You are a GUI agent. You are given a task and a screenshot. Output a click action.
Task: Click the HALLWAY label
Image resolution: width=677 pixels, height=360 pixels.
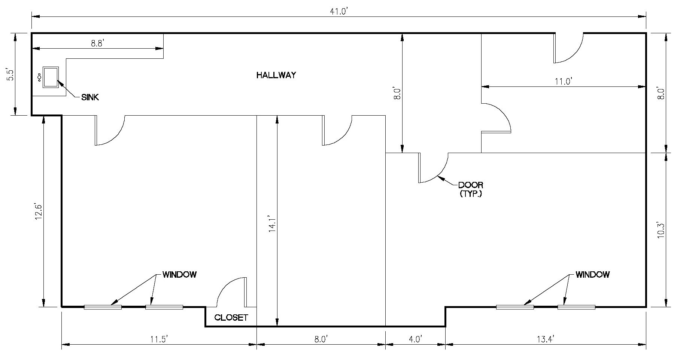(x=276, y=75)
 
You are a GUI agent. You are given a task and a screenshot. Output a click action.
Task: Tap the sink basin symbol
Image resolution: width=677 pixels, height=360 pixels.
(x=51, y=77)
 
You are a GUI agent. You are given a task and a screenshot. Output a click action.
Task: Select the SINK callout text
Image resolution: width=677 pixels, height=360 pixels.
(x=90, y=97)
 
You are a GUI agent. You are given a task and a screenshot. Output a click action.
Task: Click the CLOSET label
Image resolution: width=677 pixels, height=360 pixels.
(x=231, y=318)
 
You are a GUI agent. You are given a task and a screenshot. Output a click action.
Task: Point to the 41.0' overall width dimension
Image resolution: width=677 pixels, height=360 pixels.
(x=339, y=12)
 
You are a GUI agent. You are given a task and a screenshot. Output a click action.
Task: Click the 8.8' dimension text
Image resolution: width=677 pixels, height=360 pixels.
(x=97, y=43)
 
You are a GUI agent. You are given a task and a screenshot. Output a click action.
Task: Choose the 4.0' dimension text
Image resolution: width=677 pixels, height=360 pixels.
(x=415, y=339)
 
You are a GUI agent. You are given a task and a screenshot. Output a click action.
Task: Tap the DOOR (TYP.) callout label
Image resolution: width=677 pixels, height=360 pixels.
(x=471, y=189)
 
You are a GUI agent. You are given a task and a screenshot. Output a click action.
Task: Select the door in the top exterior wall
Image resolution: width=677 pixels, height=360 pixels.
(x=568, y=48)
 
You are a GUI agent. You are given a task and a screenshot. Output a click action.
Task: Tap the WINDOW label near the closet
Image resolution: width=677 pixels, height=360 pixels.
(x=179, y=275)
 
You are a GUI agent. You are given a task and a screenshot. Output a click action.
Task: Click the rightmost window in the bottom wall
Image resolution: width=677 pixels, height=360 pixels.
(x=576, y=307)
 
